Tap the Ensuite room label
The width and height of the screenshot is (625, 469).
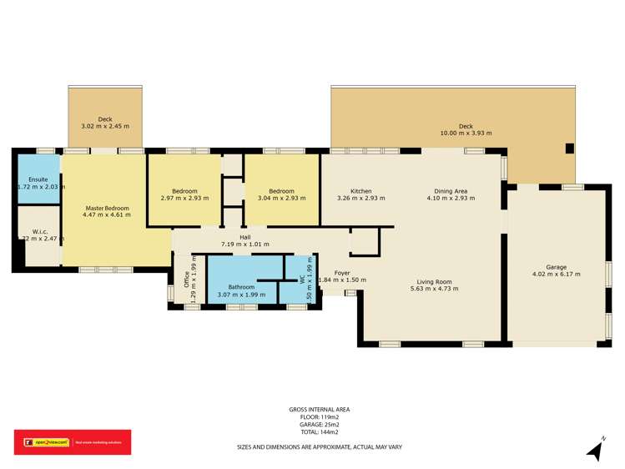pyautogui.click(x=38, y=179)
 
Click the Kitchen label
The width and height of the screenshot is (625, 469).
pyautogui.click(x=360, y=191)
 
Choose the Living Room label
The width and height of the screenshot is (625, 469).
pyautogui.click(x=435, y=281)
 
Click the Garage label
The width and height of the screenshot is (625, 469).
pyautogui.click(x=556, y=265)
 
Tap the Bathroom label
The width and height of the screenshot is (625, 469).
pyautogui.click(x=241, y=287)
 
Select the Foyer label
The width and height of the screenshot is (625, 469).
pyautogui.click(x=342, y=273)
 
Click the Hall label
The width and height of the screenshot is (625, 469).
pyautogui.click(x=245, y=236)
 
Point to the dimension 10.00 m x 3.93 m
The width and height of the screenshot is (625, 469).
pyautogui.click(x=466, y=133)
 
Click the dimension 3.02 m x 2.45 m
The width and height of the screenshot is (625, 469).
pyautogui.click(x=104, y=126)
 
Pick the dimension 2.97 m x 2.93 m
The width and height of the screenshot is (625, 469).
pyautogui.click(x=184, y=199)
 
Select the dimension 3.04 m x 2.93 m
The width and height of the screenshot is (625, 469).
pyautogui.click(x=281, y=199)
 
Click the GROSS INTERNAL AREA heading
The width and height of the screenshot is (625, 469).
pyautogui.click(x=319, y=409)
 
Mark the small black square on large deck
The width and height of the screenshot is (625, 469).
pyautogui.click(x=569, y=149)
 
